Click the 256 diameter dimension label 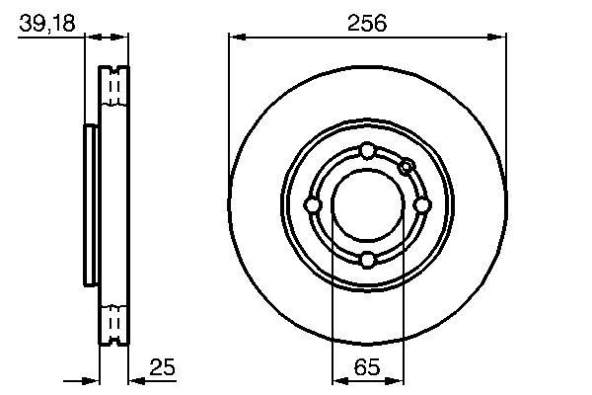(x=367, y=23)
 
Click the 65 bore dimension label (x=367, y=366)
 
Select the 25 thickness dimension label (x=163, y=366)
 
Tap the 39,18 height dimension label (x=47, y=23)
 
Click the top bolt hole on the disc (x=367, y=151)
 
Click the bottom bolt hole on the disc (x=367, y=260)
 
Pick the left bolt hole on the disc (x=313, y=205)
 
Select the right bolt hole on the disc (x=421, y=205)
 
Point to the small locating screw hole (x=407, y=166)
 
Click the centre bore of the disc (x=368, y=205)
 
